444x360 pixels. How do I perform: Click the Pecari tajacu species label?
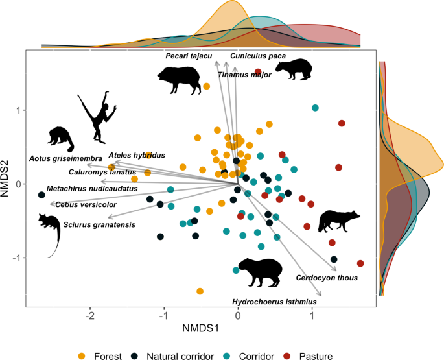click(189, 56)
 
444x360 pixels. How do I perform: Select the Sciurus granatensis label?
click(99, 224)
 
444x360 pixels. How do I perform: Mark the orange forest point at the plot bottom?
click(200, 291)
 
